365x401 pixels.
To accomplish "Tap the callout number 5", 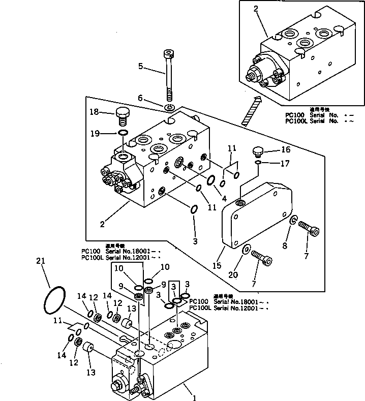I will [x=141, y=66].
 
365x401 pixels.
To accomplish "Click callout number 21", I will [x=41, y=261].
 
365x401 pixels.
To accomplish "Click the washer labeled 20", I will [x=246, y=249].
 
